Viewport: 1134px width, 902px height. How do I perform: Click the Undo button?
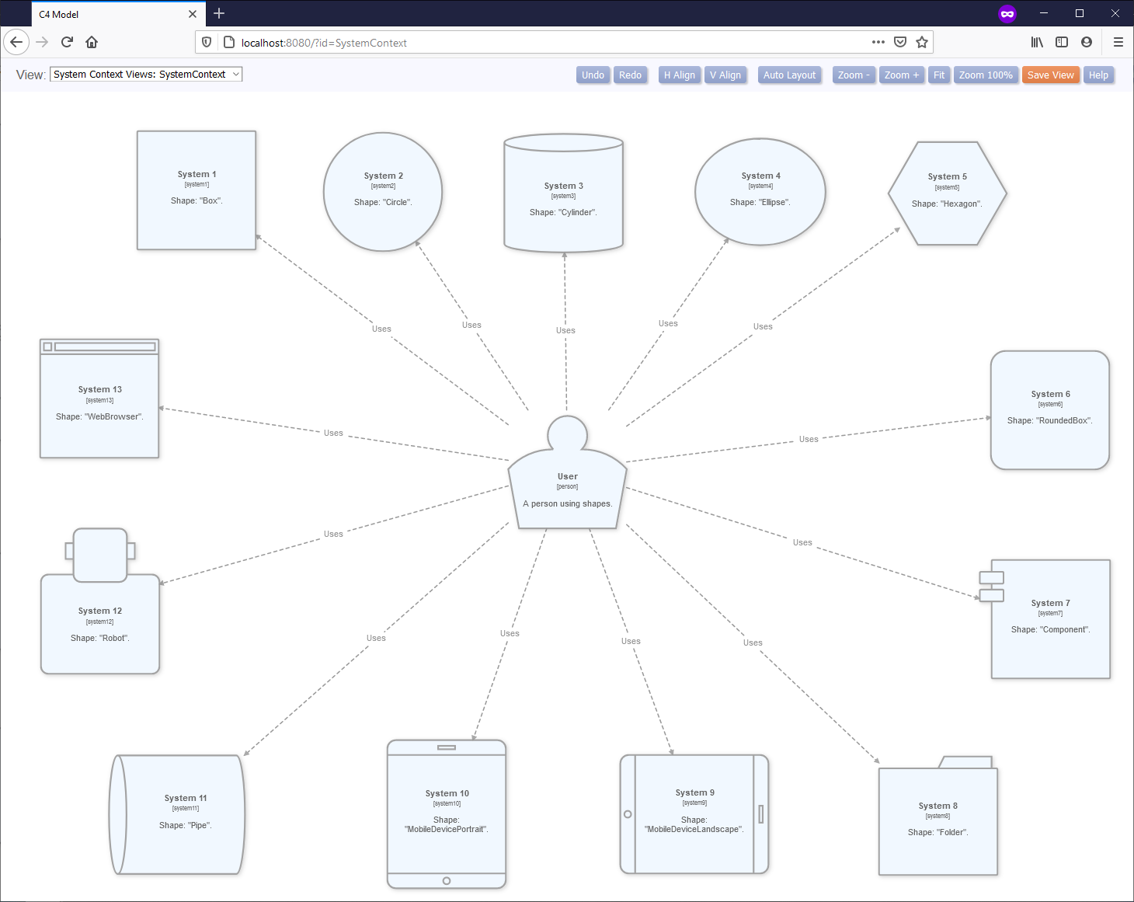pyautogui.click(x=593, y=75)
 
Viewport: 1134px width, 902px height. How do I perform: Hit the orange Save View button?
pyautogui.click(x=1050, y=75)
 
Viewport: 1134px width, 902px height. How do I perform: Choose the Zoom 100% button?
pyautogui.click(x=985, y=75)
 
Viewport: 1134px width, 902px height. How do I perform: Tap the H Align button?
pyautogui.click(x=679, y=75)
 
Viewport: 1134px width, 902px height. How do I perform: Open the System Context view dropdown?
pyautogui.click(x=146, y=75)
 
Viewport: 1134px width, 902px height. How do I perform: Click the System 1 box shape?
pyautogui.click(x=197, y=190)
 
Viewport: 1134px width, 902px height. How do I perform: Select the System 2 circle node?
pyautogui.click(x=383, y=192)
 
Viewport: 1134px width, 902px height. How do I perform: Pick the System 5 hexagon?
pyautogui.click(x=947, y=193)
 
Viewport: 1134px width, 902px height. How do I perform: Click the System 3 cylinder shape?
pyautogui.click(x=563, y=198)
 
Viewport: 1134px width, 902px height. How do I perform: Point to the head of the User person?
pyautogui.click(x=567, y=434)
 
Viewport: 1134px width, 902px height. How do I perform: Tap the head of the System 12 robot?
pyautogui.click(x=100, y=555)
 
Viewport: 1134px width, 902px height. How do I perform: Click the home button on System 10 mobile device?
pyautogui.click(x=447, y=881)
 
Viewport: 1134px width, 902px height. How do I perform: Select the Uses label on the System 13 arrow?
pyautogui.click(x=333, y=434)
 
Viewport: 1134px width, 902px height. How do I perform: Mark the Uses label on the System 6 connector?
pyautogui.click(x=809, y=440)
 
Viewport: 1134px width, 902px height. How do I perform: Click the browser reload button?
pyautogui.click(x=67, y=42)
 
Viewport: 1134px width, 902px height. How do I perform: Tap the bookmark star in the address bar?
pyautogui.click(x=922, y=43)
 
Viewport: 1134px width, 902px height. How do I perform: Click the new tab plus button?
pyautogui.click(x=219, y=13)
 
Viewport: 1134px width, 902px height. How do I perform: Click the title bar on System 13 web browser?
pyautogui.click(x=104, y=347)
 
